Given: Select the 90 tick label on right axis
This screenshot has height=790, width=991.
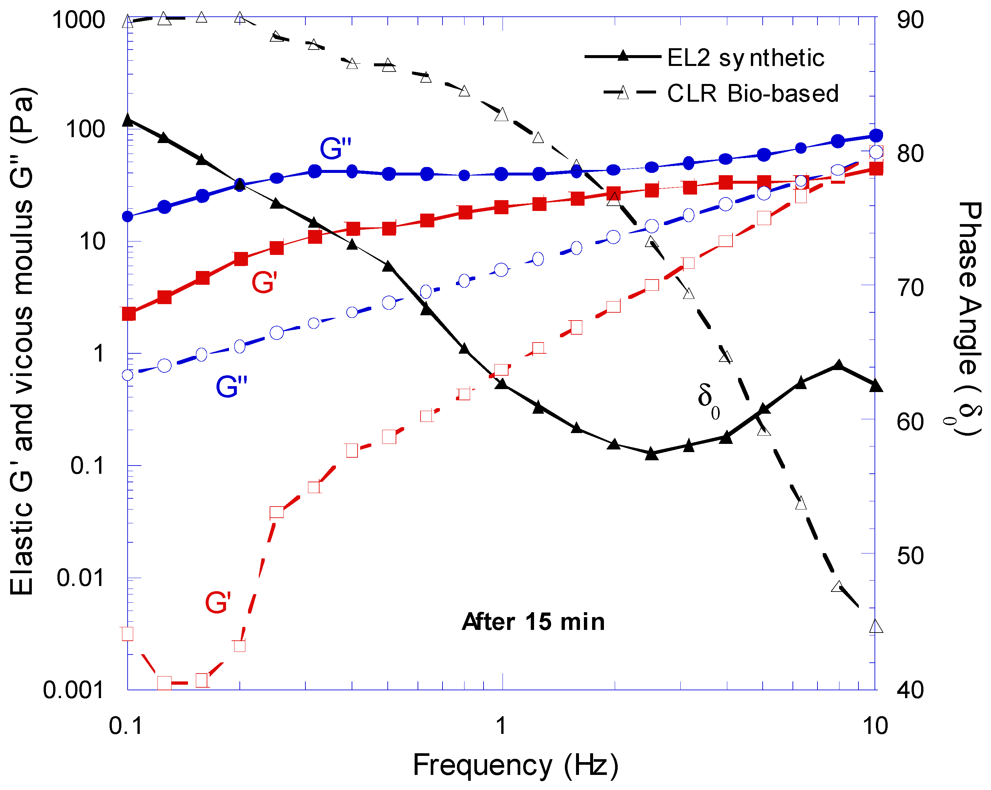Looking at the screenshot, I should coord(910,20).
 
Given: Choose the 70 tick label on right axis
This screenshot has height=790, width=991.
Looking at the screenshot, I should coord(910,288).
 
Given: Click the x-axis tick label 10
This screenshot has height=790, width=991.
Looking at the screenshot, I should coord(875,726).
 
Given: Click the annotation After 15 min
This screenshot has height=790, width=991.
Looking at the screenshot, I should coord(533,622).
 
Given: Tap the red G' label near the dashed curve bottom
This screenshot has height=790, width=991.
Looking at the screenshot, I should coord(217,602).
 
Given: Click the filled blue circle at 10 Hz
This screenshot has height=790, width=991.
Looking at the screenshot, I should coord(877,135).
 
